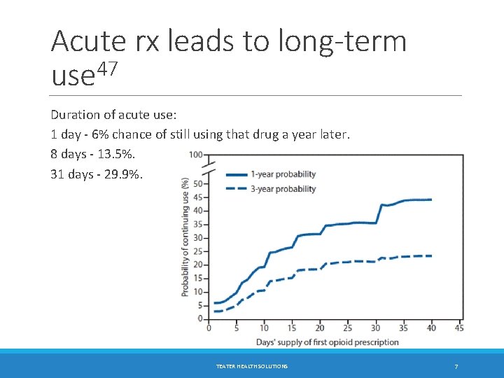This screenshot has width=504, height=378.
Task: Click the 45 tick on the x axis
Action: pos(459,328)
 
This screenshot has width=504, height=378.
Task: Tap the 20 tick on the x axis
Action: pos(319,328)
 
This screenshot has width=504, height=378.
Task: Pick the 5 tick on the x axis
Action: pos(236,328)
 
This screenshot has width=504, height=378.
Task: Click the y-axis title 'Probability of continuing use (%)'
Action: pos(185,237)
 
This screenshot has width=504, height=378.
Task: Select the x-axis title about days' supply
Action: pos(328,342)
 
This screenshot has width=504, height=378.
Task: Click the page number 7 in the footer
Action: pos(456,367)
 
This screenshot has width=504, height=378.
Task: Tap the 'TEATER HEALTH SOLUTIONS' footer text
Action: pos(251,367)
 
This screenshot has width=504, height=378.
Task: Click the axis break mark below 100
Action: pos(207,169)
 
